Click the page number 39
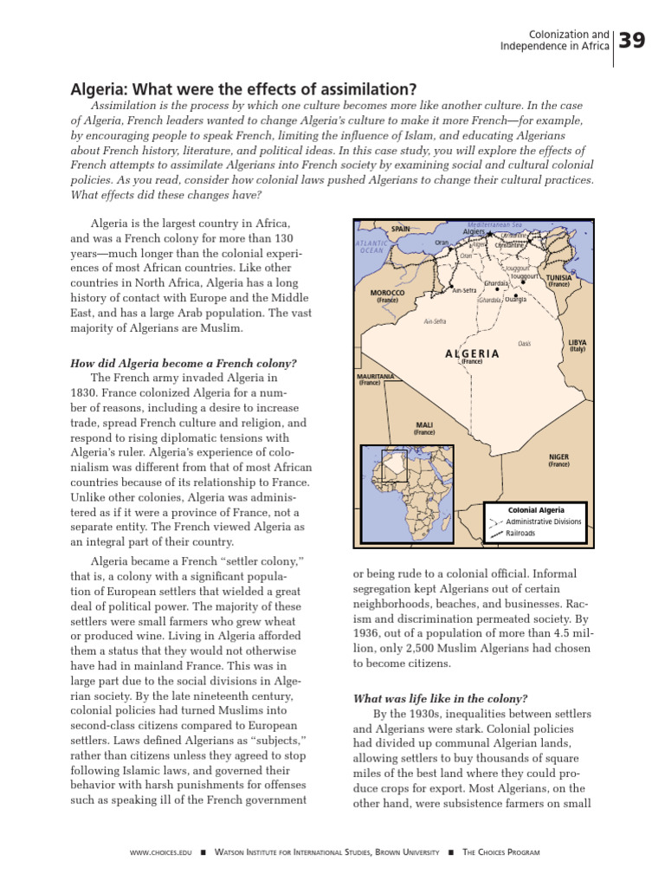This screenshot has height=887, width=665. point(633,40)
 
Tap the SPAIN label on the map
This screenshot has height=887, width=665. point(400,229)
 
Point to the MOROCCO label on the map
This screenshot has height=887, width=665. point(387,294)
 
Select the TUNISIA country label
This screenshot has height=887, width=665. point(558,278)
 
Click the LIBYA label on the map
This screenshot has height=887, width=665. point(577,343)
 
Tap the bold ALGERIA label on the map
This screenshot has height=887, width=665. point(472,353)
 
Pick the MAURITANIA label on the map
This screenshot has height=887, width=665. point(376,377)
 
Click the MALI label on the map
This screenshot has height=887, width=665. point(423,425)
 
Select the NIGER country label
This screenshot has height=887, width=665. point(558,456)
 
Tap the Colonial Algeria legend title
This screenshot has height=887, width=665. point(535,510)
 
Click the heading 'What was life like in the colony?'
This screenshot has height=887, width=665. point(440,698)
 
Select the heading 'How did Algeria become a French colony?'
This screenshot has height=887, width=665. point(183,363)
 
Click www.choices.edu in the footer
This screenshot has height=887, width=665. point(160,852)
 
